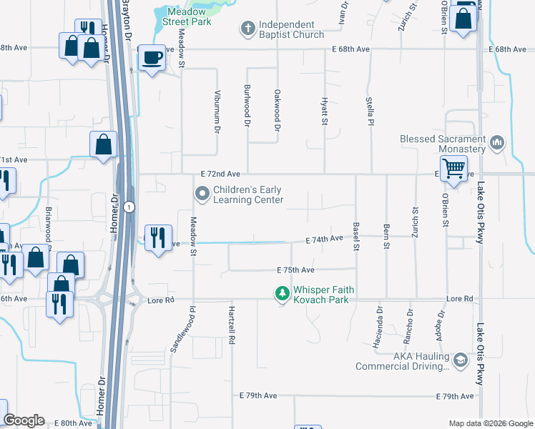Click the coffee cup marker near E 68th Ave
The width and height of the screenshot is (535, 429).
(151, 57)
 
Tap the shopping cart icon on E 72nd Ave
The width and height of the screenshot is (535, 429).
(453, 169)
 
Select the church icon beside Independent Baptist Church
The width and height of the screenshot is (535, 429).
(247, 28)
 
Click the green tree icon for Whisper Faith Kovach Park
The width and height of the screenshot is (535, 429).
(282, 292)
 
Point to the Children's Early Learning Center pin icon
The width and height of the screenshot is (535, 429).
(202, 193)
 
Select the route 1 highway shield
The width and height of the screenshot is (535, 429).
(127, 207)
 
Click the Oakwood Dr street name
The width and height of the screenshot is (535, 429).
(277, 110)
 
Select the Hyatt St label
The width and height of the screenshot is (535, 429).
(325, 112)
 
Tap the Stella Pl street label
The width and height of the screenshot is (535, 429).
(370, 112)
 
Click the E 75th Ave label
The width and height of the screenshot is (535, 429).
(296, 270)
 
